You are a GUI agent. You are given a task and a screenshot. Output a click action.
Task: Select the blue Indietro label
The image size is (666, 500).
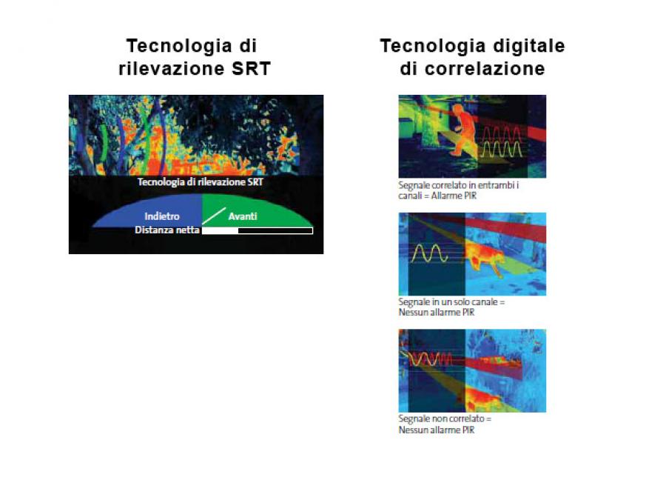coord(162,216)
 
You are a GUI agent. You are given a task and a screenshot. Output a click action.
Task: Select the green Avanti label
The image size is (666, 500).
coord(243,216)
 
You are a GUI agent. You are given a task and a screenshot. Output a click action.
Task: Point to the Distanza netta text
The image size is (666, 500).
coord(167,230)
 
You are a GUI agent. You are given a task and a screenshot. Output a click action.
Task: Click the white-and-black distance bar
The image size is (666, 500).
coord(258,231)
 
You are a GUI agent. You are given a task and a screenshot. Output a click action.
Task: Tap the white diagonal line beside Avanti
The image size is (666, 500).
coord(214,216)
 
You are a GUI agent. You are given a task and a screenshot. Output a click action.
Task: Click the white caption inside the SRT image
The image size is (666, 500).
coord(200,182)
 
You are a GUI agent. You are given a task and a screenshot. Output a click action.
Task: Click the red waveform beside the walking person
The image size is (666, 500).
coord(502,134)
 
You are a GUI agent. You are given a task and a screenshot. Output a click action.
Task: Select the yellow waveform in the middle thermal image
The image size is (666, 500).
coord(429,253)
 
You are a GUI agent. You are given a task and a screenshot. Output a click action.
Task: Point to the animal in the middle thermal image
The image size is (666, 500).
coord(485,259)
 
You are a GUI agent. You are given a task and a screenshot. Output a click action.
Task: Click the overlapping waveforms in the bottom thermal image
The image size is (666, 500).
coord(430,359)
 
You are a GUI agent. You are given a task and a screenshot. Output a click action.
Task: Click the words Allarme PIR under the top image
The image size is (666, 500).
coord(454,196)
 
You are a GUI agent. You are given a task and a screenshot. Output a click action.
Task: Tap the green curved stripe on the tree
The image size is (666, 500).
coord(103,142)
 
